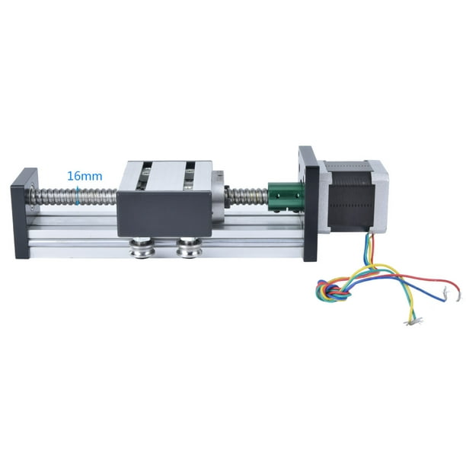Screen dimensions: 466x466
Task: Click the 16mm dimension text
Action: point(85,176)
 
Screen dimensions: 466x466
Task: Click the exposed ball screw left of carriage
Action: point(76,199)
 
